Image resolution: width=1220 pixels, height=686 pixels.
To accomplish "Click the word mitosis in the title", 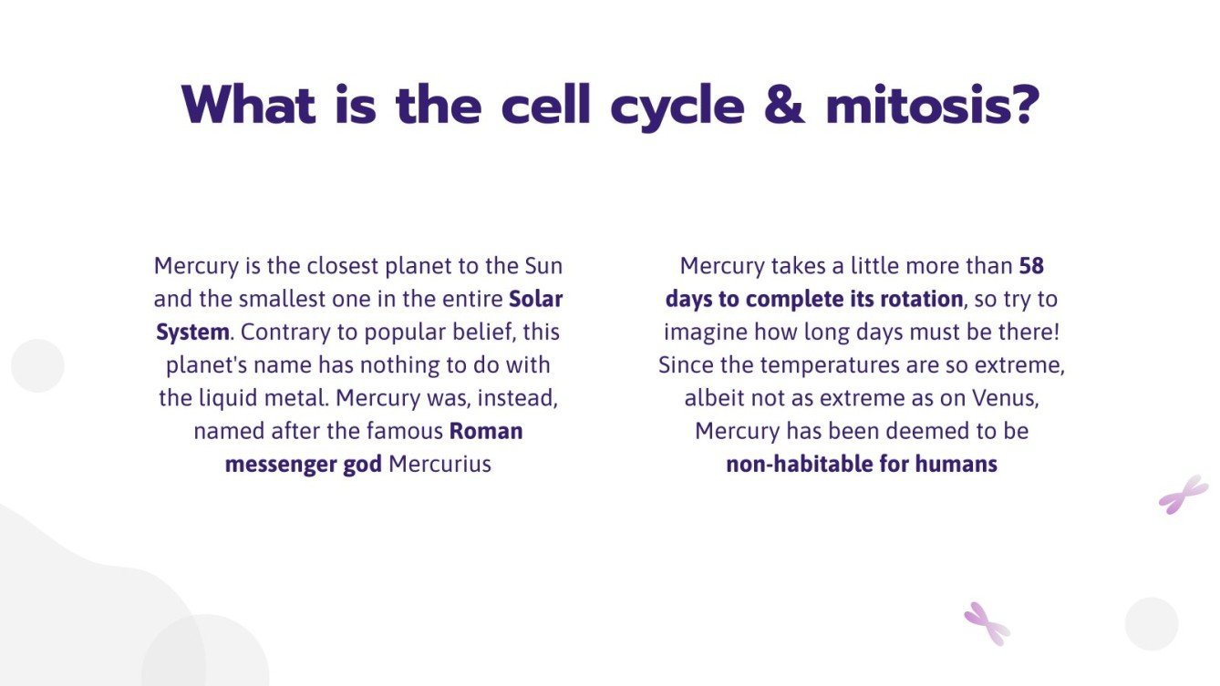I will pos(932,106).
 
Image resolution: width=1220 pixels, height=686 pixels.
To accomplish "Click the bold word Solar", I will pos(535,299).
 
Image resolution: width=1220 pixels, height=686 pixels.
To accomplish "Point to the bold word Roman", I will pos(486,430).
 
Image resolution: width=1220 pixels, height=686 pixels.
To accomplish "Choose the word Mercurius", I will pos(439,464).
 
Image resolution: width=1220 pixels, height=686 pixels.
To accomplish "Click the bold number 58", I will pos(1031,266).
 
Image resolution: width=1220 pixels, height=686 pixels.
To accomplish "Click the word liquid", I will pos(228,398).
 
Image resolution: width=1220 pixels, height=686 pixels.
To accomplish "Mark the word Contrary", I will pos(281,332).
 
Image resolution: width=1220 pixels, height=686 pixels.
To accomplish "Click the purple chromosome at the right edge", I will pos(1183,495).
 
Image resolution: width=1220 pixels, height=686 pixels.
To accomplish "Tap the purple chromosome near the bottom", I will pos(987,624).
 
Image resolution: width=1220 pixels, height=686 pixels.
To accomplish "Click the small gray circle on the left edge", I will pos(37,365).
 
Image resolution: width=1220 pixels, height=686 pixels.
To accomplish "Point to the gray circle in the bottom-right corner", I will pos(1152,624).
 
